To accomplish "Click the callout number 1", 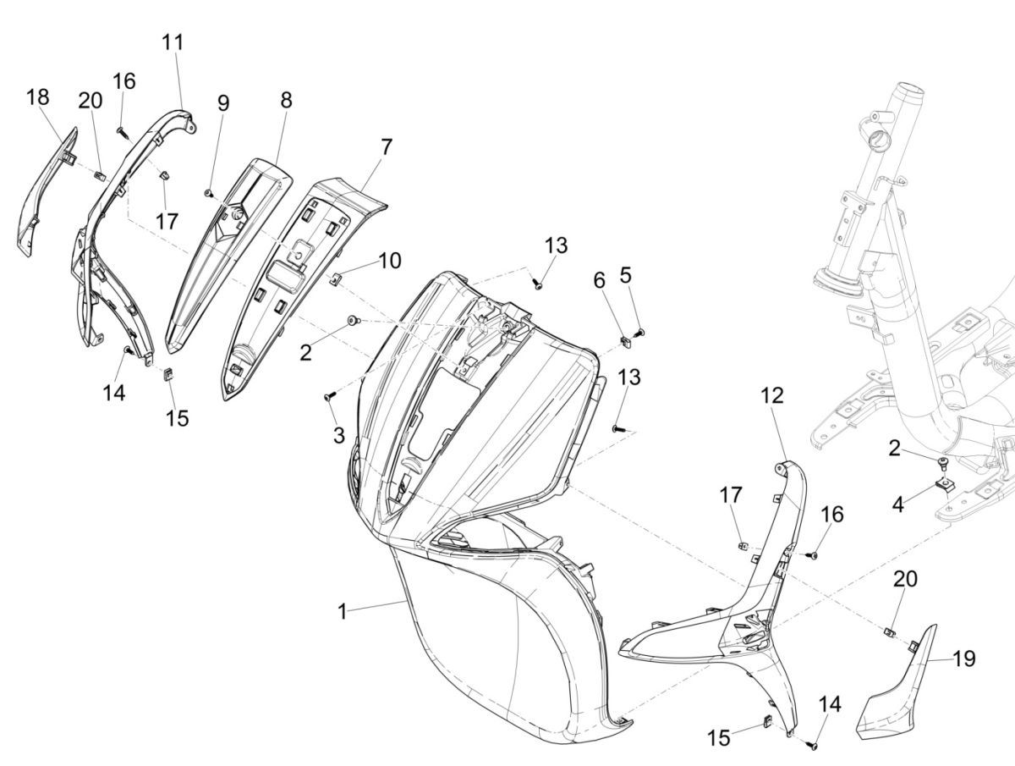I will click(x=342, y=611).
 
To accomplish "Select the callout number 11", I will click(x=173, y=42).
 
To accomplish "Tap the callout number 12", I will click(x=771, y=395).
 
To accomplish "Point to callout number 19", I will click(x=963, y=658).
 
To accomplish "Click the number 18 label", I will click(x=38, y=97).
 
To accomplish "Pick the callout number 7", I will click(x=386, y=146).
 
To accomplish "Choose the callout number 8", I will click(x=286, y=100).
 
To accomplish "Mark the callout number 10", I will click(x=389, y=260).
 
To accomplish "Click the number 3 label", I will click(x=338, y=435).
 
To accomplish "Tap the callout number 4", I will click(x=898, y=505).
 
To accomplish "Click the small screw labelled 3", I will click(x=329, y=395).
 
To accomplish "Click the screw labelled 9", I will click(x=208, y=194).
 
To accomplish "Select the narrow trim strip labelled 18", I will click(x=44, y=195).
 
